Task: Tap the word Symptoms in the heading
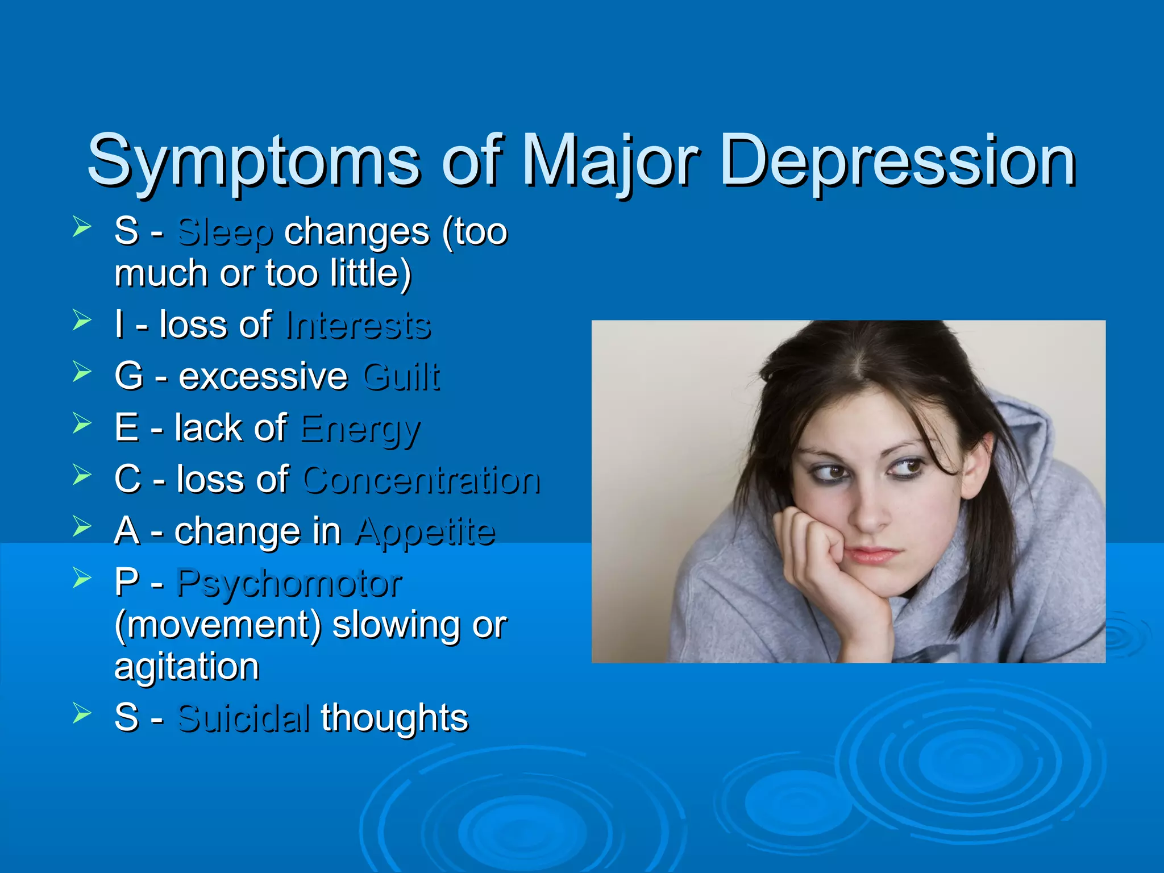(253, 162)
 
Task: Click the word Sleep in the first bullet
(225, 232)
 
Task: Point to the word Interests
(358, 326)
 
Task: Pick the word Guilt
(401, 376)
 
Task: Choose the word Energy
(360, 429)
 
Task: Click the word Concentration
(421, 480)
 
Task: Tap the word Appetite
(425, 532)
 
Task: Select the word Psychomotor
(289, 584)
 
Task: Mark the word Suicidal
(244, 718)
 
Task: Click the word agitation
(186, 667)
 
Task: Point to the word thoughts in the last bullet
(394, 718)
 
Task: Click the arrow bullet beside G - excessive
(82, 372)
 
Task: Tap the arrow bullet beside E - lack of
(82, 423)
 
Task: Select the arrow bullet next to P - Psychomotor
(82, 579)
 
